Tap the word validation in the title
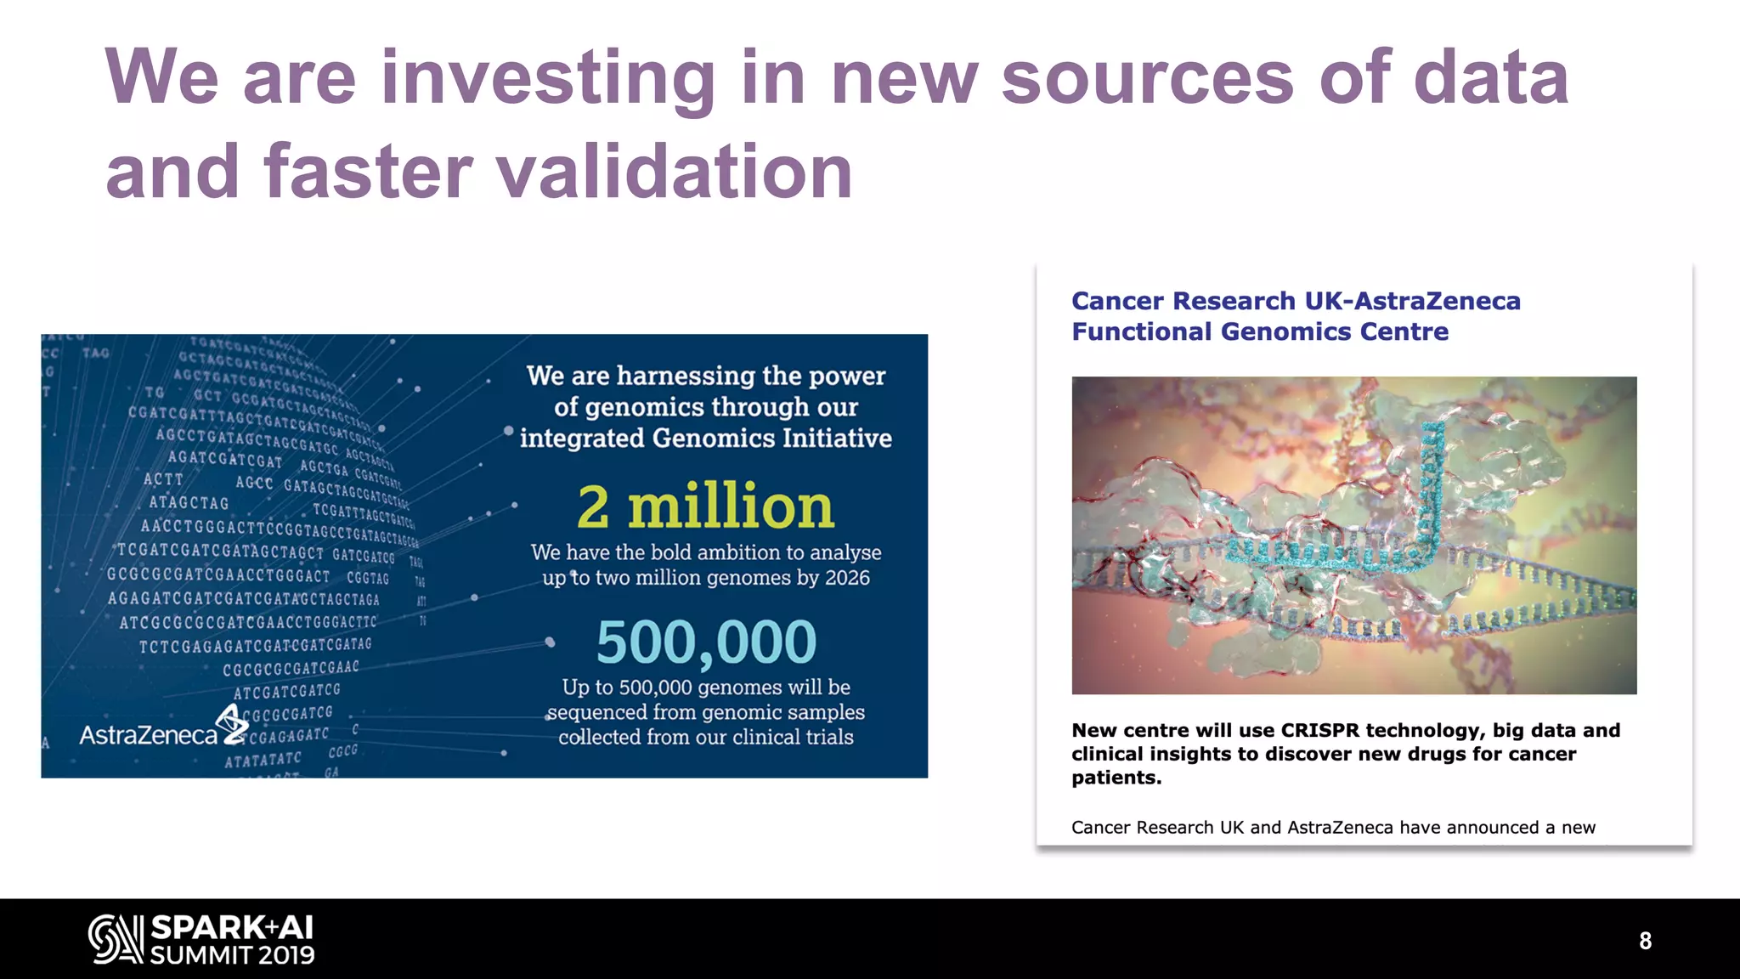(675, 172)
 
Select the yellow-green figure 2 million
(705, 506)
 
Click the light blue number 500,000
(706, 642)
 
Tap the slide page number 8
(1645, 941)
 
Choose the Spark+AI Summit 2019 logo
(202, 939)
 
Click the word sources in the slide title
(1147, 78)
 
